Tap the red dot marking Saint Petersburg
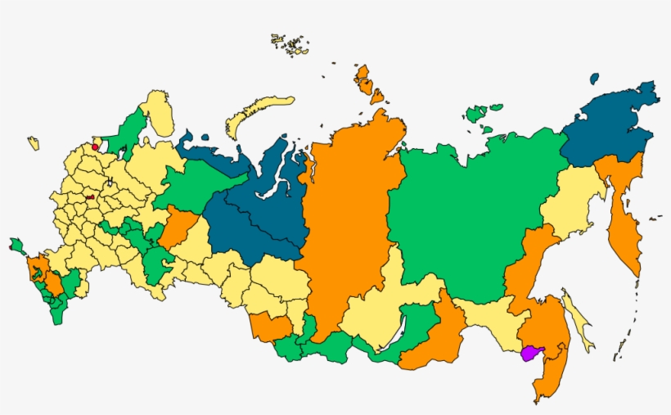click(x=96, y=148)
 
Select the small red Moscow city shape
click(x=89, y=197)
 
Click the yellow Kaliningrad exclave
click(x=34, y=143)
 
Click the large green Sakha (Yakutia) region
click(x=466, y=213)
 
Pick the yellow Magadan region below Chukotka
click(x=573, y=201)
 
